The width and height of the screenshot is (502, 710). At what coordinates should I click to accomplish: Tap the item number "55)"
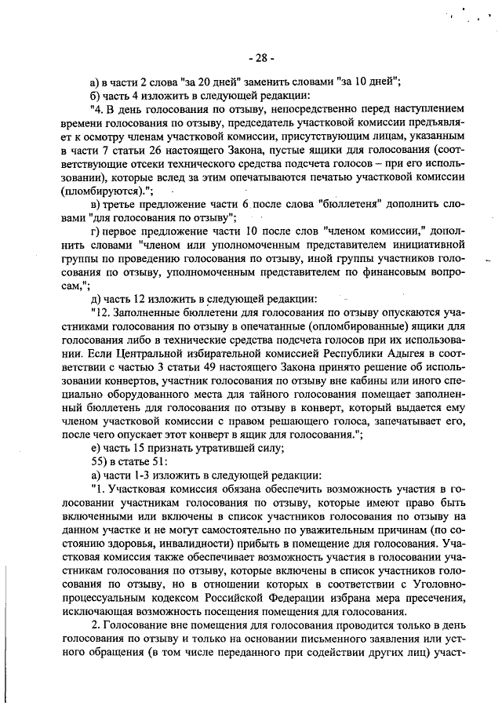(100, 461)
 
